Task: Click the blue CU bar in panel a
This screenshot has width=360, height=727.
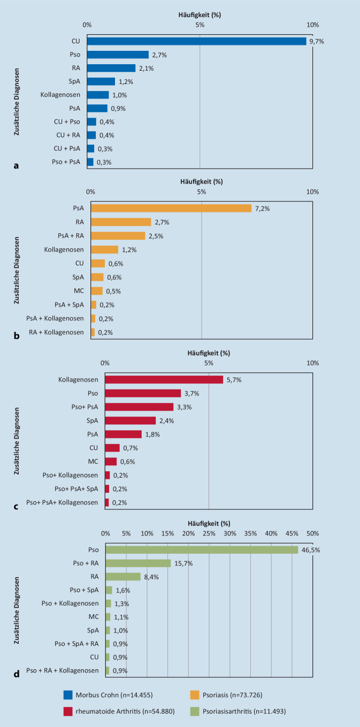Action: coord(196,41)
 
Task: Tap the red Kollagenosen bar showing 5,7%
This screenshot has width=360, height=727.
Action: coord(164,379)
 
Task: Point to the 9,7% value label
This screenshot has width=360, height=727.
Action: coord(317,41)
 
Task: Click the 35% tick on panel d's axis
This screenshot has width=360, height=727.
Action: coord(251,533)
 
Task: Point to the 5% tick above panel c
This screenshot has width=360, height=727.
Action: coord(209,363)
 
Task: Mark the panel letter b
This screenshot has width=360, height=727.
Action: coord(17,336)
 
